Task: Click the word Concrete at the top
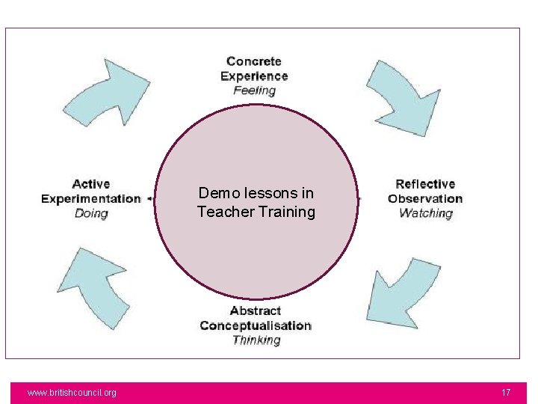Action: (x=254, y=61)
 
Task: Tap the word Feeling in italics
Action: (x=254, y=91)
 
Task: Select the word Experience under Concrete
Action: (x=254, y=76)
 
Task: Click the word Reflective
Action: (x=425, y=184)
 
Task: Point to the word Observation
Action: (x=425, y=198)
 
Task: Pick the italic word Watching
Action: (x=425, y=213)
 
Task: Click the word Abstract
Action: (x=256, y=310)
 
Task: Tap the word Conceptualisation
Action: (x=256, y=325)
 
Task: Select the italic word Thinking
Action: (x=256, y=340)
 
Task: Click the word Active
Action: (x=91, y=184)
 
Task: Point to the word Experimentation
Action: (x=91, y=198)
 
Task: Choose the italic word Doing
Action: (x=91, y=213)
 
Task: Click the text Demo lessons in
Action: (x=256, y=193)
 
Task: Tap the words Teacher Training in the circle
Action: (x=256, y=212)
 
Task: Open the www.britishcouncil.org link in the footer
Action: (x=72, y=393)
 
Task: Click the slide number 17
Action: (x=506, y=393)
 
